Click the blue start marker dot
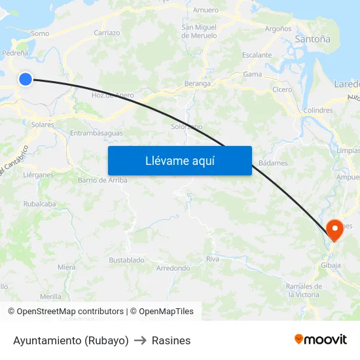coord(26,79)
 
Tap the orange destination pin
coord(336,230)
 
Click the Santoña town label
coord(312,39)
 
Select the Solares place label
coord(43,124)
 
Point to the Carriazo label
coord(107,32)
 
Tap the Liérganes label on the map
coord(37,175)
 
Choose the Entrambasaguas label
coord(96,133)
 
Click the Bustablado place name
coord(126,260)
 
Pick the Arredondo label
coord(173,268)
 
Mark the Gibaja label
coord(331,265)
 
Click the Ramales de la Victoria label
coord(304,290)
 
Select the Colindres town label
coord(318,111)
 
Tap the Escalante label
coord(257,55)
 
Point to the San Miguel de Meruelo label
coord(199,31)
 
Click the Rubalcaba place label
coord(39,204)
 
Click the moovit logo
coord(321,340)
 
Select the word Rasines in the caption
coord(171,340)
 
